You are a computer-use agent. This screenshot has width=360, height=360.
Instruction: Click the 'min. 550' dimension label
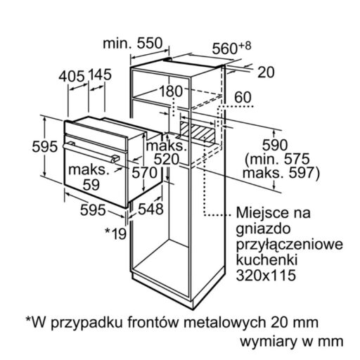pos(133,44)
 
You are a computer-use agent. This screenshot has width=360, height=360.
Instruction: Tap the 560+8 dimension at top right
pos(231,48)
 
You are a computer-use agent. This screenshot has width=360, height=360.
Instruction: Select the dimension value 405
pos(72,76)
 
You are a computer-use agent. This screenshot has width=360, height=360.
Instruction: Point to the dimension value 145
pos(100,75)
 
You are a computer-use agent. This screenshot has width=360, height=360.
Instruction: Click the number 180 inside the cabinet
pos(171,91)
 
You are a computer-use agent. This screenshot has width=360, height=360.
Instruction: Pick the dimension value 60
pos(243,97)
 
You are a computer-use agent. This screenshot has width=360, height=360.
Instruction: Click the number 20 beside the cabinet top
pos(266,72)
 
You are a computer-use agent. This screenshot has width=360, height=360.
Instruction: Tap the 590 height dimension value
pos(275,145)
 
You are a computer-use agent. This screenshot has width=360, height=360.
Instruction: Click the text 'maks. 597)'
pos(281,174)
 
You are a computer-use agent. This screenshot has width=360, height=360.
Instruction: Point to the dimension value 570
pos(144,173)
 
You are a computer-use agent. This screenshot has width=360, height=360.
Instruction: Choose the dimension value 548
pos(150,209)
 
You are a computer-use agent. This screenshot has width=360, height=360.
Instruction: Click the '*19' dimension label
pos(115,233)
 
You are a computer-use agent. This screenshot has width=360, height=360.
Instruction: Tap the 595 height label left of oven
pos(44,147)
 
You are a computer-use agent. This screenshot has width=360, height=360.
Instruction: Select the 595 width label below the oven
pos(93,210)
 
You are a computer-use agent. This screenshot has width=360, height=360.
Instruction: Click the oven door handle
pos(91,152)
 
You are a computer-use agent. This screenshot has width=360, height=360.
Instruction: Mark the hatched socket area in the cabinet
pos(198,131)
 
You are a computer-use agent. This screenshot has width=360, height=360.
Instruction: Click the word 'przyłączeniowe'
pos(290,245)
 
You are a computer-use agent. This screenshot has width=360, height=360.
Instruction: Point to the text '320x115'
pos(266,275)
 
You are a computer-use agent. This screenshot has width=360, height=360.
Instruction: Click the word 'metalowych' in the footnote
pos(226,322)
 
